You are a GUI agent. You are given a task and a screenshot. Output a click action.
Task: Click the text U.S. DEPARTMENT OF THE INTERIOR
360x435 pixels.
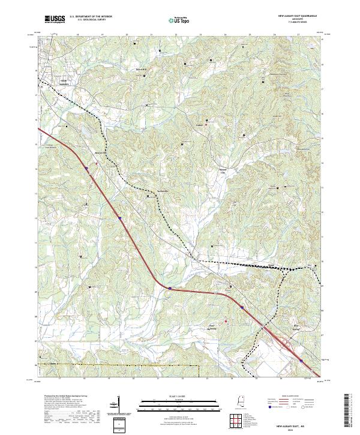pyautogui.click(x=90, y=17)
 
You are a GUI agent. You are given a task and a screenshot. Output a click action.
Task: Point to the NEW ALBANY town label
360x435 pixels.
pyautogui.click(x=64, y=82)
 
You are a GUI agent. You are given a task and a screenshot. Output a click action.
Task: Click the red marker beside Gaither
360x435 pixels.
pyautogui.click(x=206, y=125)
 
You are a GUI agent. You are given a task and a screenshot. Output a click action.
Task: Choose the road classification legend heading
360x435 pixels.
pyautogui.click(x=288, y=397)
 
